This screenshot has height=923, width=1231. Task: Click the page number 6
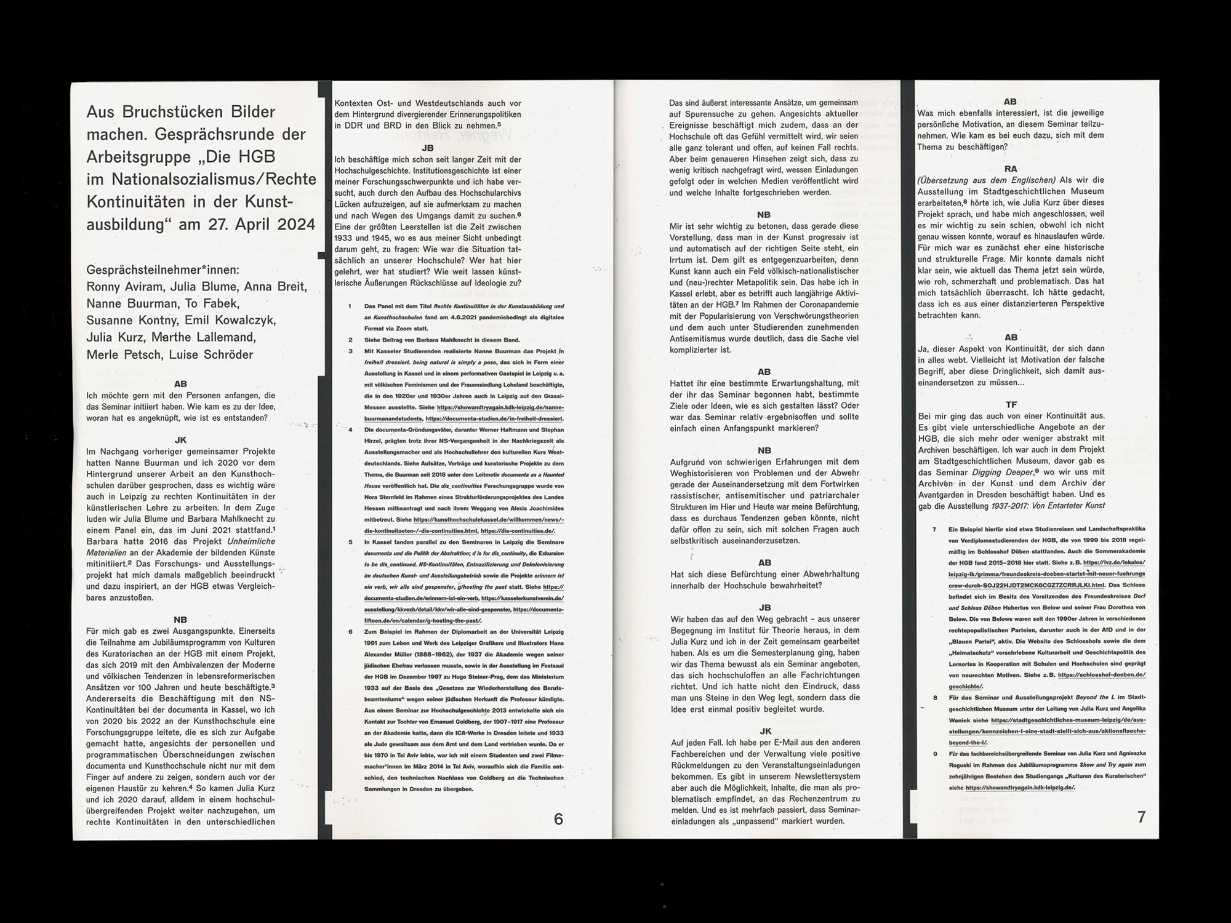pos(558,819)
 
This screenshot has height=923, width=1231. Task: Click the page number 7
pos(1142,817)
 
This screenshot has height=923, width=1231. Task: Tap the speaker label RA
pos(1010,169)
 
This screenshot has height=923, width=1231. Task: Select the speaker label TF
pos(1011,404)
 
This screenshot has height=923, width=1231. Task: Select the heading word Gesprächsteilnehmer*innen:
pos(163,270)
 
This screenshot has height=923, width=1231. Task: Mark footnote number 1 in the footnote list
pos(350,306)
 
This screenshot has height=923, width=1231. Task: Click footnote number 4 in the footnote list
pos(350,430)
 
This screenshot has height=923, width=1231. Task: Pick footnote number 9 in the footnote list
pos(935,753)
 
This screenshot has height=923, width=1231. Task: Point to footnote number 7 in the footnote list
pos(934,529)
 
